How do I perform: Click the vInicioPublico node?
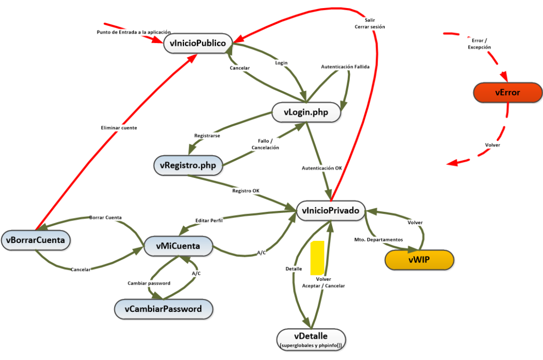198,43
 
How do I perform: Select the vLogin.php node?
306,113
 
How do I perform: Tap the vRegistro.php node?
188,165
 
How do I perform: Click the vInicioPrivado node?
331,210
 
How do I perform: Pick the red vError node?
508,93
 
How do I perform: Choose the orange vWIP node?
419,260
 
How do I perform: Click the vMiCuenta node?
178,246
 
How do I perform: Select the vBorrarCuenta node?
35,240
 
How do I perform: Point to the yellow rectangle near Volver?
317,258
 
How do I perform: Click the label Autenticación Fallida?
345,67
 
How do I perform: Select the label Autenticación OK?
322,168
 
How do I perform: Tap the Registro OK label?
246,191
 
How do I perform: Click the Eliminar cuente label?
119,128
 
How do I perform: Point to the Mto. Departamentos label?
378,239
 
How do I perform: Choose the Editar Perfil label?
209,221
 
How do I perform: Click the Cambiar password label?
149,283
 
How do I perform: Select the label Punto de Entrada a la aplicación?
130,32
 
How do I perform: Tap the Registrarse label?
207,136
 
